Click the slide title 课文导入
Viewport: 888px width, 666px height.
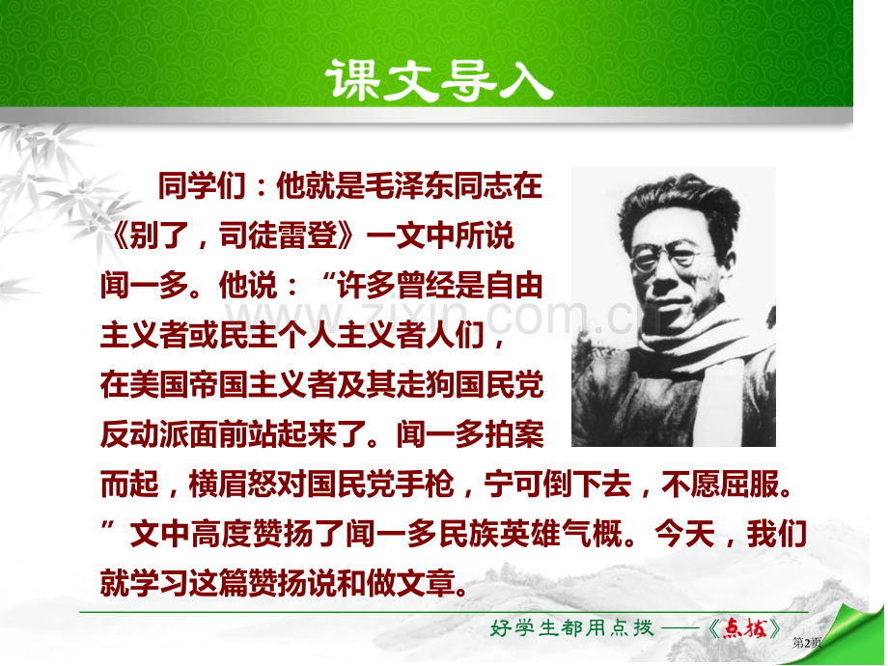tap(440, 79)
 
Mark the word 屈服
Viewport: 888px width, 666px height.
tap(748, 486)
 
